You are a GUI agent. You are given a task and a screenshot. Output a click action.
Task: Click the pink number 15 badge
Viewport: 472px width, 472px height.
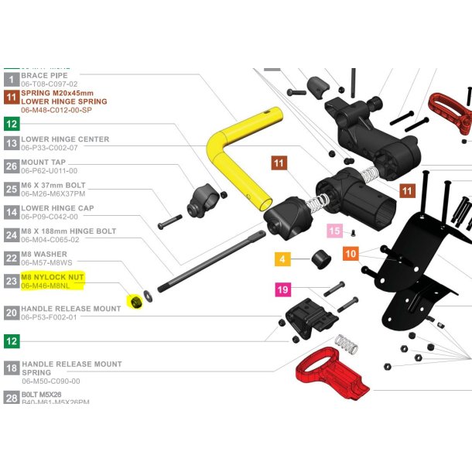tap(334, 231)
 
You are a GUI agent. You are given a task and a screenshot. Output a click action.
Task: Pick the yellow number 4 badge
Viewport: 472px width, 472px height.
tap(282, 258)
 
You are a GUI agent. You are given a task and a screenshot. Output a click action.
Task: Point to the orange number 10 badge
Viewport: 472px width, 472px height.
tap(351, 254)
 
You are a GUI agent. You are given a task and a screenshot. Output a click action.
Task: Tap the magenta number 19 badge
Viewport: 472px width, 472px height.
tap(284, 290)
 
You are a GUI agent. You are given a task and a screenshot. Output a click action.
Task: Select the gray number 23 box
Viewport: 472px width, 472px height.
tap(12, 282)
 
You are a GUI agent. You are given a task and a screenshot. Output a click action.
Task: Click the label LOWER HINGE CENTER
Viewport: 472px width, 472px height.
tap(65, 139)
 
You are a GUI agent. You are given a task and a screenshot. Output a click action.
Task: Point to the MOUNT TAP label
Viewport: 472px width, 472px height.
tap(43, 162)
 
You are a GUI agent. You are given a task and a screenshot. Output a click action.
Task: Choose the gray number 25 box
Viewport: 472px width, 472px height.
tap(12, 189)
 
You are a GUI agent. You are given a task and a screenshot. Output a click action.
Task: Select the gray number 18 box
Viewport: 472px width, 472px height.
tap(12, 368)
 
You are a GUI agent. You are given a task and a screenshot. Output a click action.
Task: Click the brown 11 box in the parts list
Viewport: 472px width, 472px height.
tap(12, 97)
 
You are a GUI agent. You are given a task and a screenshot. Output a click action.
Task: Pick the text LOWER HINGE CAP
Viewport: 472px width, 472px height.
tap(57, 208)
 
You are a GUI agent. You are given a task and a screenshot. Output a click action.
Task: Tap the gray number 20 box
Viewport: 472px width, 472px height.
tap(12, 313)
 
